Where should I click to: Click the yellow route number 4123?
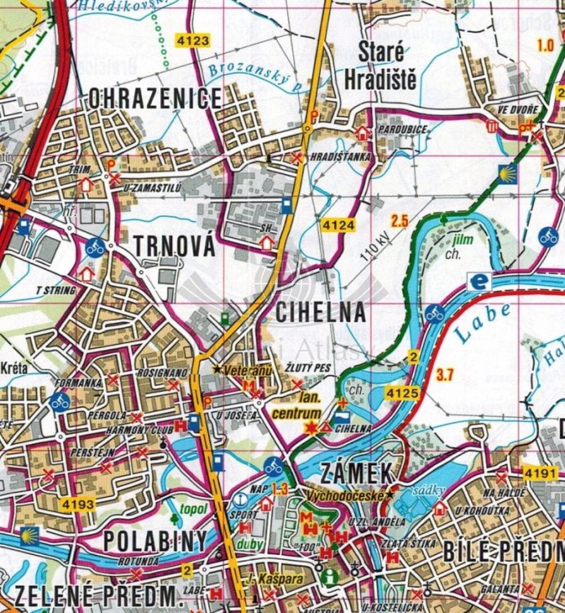pyautogui.click(x=192, y=40)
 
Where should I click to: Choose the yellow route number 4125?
pyautogui.click(x=403, y=394)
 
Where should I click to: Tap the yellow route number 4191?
pyautogui.click(x=541, y=472)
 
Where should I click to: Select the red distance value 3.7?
pyautogui.click(x=445, y=375)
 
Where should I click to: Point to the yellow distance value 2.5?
pyautogui.click(x=399, y=220)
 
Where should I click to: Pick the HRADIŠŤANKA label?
pyautogui.click(x=340, y=155)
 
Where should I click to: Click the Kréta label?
pyautogui.click(x=15, y=369)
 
